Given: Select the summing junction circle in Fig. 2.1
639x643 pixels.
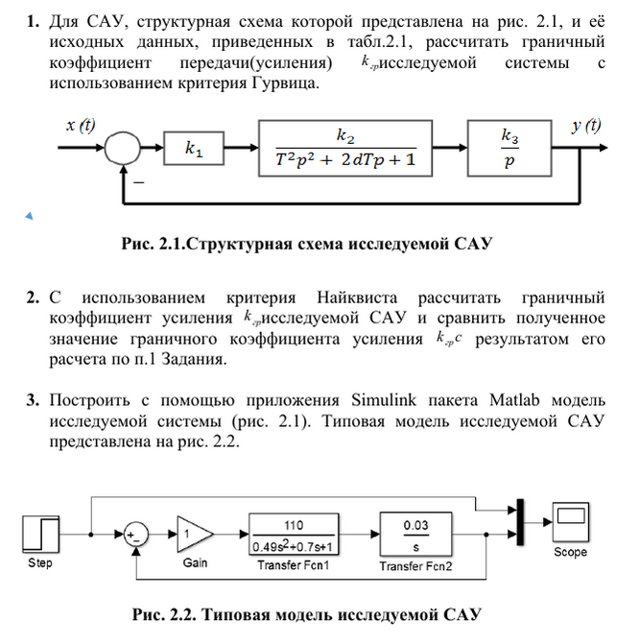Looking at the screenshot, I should point(122,149).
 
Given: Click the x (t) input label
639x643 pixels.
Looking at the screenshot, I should point(80,126).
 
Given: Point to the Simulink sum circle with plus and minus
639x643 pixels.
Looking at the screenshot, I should point(136,533).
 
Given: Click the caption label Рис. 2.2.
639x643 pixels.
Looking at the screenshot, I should point(158,614).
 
